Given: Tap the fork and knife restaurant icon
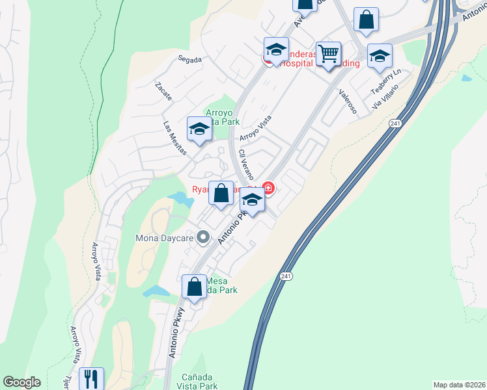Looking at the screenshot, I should [90, 379].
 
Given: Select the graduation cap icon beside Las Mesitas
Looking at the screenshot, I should [199, 128].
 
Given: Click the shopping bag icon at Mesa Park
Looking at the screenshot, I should [195, 286].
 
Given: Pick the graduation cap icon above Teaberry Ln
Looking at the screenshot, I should [380, 56].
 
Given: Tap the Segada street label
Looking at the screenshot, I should [190, 59].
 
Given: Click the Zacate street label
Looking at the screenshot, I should [163, 92].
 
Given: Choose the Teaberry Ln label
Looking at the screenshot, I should [386, 83].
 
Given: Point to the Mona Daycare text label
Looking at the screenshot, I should [165, 237].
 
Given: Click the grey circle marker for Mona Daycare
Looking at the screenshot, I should [202, 237].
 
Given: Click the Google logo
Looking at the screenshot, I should [21, 382].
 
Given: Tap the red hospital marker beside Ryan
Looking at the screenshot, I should [268, 189].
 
